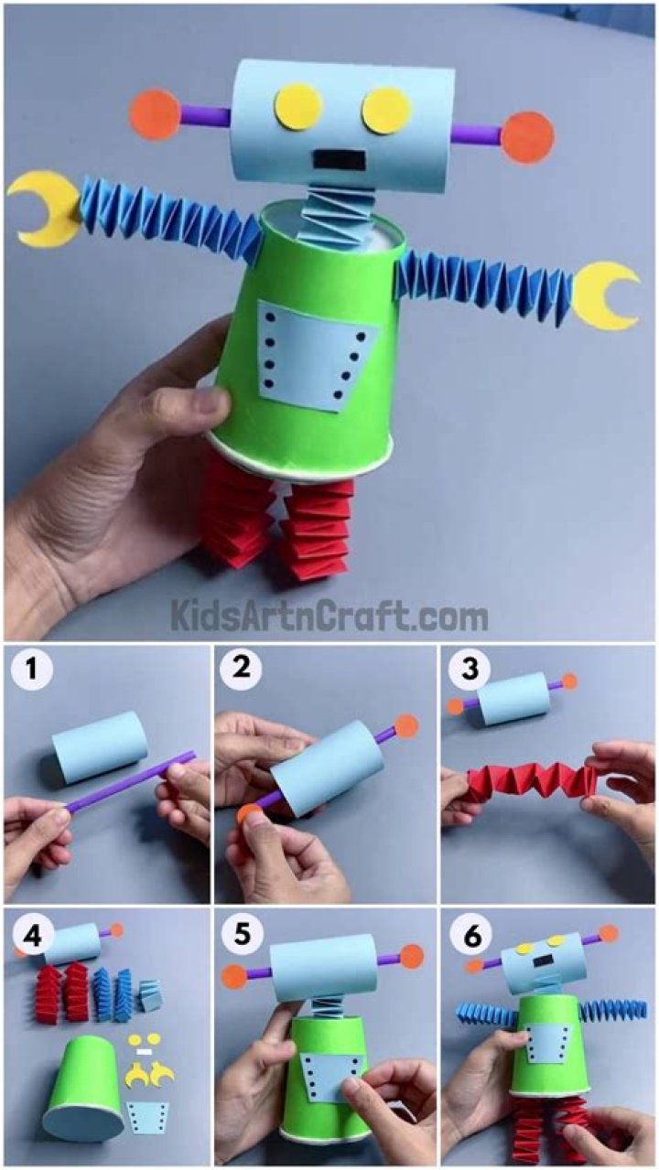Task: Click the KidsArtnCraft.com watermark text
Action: tap(329, 616)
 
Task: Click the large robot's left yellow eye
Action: tap(301, 107)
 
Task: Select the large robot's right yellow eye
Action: tap(385, 111)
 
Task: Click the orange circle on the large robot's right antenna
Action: tap(528, 135)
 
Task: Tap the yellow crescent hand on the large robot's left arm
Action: tap(41, 209)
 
